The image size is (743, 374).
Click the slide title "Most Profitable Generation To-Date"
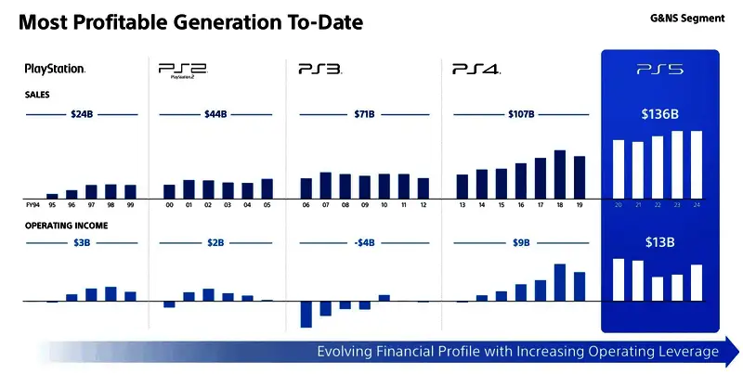(x=191, y=20)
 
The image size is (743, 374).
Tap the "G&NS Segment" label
(x=682, y=19)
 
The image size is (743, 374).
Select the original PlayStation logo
(x=55, y=69)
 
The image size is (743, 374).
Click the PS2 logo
(x=182, y=70)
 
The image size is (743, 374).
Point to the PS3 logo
(x=320, y=69)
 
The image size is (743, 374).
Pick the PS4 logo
(x=476, y=69)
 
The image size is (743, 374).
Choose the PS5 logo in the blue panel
(x=659, y=69)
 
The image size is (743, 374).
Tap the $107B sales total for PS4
(x=520, y=114)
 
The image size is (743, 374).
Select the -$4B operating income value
(x=365, y=243)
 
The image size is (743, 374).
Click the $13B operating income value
(x=659, y=242)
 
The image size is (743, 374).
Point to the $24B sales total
(x=82, y=114)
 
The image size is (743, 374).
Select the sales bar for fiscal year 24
(x=697, y=164)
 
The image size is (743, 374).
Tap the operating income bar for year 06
(x=306, y=314)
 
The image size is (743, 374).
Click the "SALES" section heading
(x=38, y=95)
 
